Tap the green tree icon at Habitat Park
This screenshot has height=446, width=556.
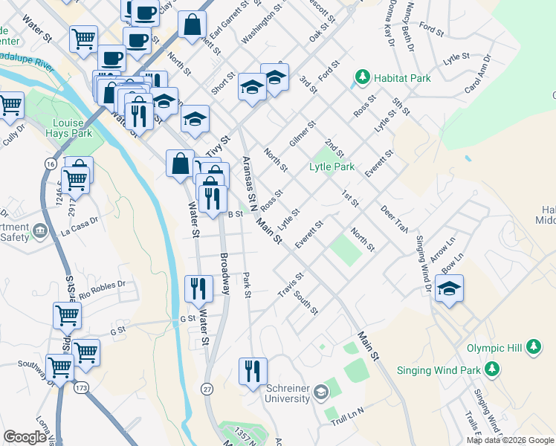tap(363, 77)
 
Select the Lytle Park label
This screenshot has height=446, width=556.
tap(332, 167)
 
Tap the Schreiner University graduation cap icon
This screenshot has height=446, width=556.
tap(320, 392)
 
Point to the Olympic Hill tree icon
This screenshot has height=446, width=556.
tap(533, 346)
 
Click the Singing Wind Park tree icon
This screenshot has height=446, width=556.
tap(491, 369)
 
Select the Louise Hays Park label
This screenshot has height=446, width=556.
tap(72, 129)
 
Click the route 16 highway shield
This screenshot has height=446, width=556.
tap(50, 164)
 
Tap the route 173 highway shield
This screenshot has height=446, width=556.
tap(81, 388)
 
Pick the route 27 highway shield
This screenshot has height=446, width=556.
tap(207, 389)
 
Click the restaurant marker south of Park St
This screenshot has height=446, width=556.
tap(253, 370)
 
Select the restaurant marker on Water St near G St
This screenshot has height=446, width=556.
tap(198, 288)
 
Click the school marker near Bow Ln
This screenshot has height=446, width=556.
tap(449, 288)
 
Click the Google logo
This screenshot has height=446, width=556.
tap(25, 437)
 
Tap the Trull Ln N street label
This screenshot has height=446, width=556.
tap(349, 413)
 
